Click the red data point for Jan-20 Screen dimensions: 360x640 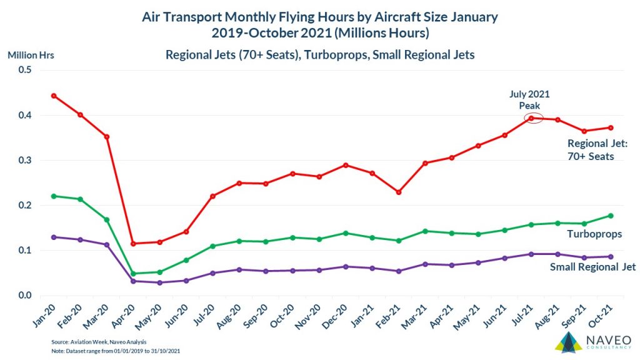point(54,96)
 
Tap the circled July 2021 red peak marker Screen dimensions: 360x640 point(531,118)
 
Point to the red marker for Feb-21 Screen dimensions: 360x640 point(399,192)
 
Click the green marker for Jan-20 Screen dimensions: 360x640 point(54,196)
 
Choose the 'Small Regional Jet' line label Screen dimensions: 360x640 point(592,267)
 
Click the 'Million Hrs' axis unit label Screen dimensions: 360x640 point(31,55)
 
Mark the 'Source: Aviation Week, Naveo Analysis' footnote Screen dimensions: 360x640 point(82,343)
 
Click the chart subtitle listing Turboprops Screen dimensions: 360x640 point(319,55)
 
